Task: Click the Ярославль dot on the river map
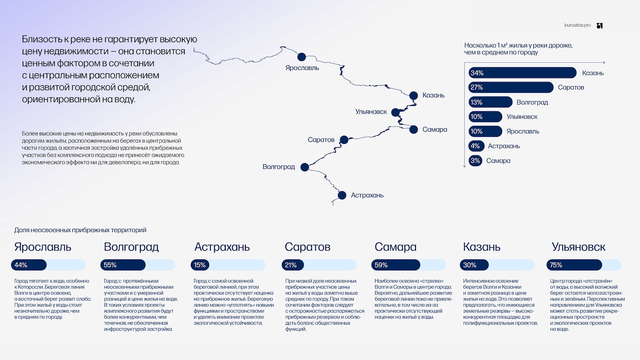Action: click(x=301, y=57)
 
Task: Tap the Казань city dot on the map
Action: click(x=413, y=96)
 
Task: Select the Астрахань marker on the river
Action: click(x=342, y=195)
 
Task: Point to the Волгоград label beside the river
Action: click(x=279, y=167)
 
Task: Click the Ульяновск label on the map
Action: click(x=371, y=112)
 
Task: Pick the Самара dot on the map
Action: click(x=413, y=129)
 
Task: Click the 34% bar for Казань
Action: click(x=522, y=73)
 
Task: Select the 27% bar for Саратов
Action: click(x=511, y=87)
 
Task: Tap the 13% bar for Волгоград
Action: click(x=490, y=102)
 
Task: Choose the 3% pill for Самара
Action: click(x=475, y=160)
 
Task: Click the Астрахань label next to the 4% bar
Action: click(x=504, y=146)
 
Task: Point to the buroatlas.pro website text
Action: click(x=577, y=25)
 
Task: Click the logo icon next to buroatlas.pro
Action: click(x=600, y=26)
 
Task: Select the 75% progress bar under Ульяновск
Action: click(x=574, y=265)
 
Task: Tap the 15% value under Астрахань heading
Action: click(x=200, y=265)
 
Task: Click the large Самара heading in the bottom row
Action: click(x=396, y=247)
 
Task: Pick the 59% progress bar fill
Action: click(x=396, y=265)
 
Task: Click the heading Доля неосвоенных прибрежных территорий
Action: click(x=80, y=230)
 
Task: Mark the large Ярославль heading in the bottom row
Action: click(x=43, y=247)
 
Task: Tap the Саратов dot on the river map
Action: click(x=344, y=140)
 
